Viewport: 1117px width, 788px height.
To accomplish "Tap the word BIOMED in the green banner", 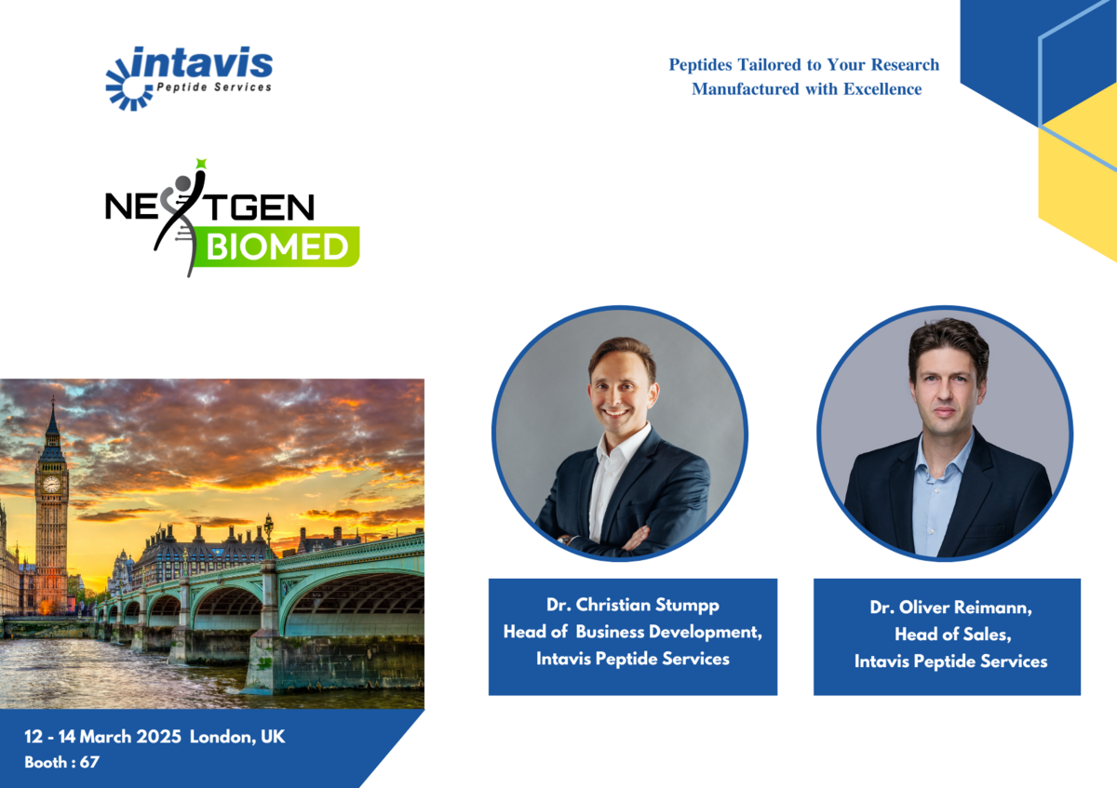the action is (x=277, y=247).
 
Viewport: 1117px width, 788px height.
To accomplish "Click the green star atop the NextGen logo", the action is (x=201, y=163).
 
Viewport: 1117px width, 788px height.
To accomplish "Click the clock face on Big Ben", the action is (x=51, y=484).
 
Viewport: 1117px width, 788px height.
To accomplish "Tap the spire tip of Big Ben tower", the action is (x=52, y=398).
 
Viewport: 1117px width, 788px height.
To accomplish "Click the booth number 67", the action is (x=89, y=762).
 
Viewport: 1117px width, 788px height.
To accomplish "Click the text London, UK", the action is (x=237, y=737).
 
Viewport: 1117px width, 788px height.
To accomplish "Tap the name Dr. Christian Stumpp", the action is (x=633, y=605).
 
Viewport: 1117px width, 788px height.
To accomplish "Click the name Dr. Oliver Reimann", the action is (x=950, y=608).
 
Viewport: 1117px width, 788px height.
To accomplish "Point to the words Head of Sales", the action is (x=952, y=634).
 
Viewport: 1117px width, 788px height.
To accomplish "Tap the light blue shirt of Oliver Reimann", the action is (x=940, y=499).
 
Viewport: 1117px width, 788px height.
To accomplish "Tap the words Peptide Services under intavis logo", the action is (x=214, y=87).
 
